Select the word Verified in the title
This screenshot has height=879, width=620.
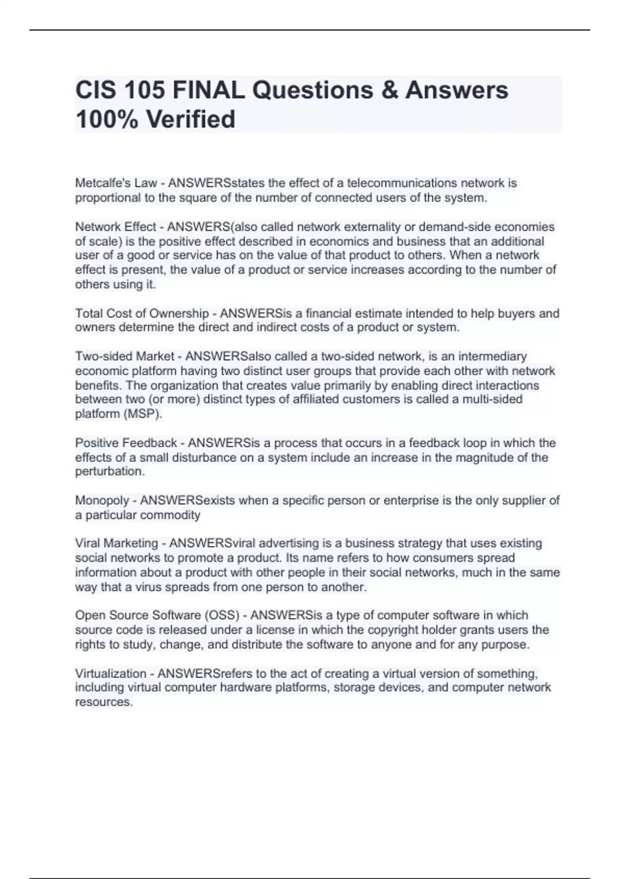click(191, 119)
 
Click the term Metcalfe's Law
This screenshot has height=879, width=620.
click(116, 183)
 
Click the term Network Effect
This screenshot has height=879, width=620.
click(115, 227)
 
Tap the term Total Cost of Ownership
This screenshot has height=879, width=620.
click(142, 313)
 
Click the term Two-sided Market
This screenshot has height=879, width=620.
click(125, 356)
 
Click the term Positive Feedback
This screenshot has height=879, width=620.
click(126, 443)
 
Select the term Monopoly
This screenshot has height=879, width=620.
click(102, 501)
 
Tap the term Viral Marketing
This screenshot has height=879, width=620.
click(116, 543)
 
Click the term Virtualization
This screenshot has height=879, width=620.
click(111, 674)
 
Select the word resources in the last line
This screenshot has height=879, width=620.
click(103, 702)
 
